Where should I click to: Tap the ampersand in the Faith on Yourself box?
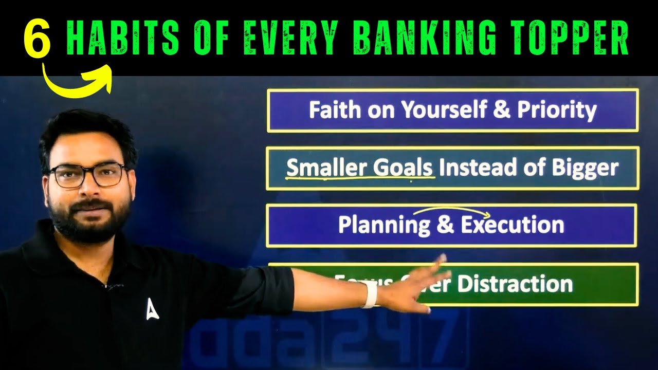pos(502,110)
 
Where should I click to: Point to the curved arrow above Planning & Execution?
pos(452,211)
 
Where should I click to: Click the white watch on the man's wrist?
pos(369,294)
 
